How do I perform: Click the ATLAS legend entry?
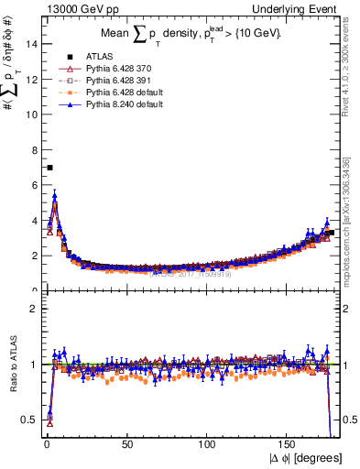(96, 58)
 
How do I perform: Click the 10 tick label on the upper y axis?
(33, 115)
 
